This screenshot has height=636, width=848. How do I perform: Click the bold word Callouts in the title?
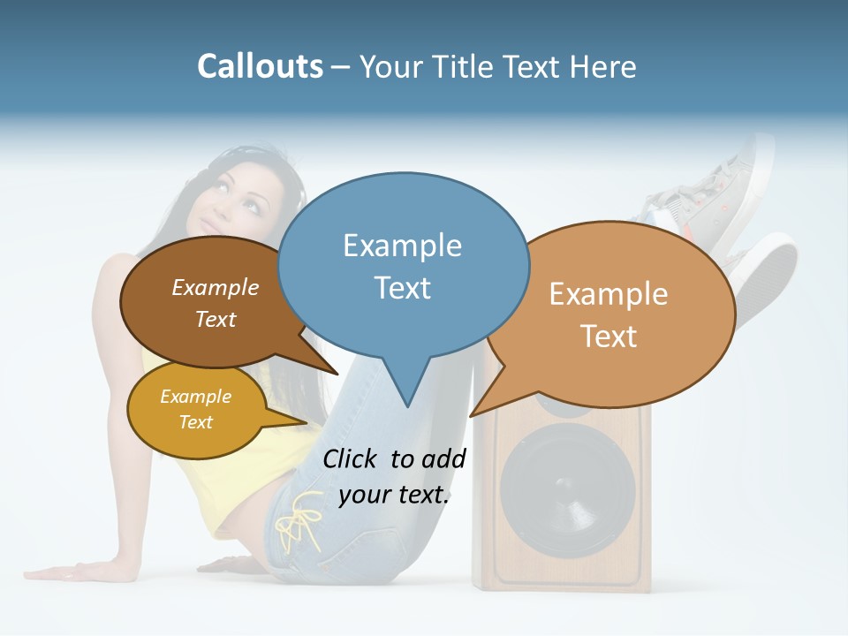[261, 66]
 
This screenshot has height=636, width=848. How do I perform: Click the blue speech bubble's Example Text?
[403, 266]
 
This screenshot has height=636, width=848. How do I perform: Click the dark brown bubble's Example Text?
[216, 303]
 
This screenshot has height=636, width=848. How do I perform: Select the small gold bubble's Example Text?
[195, 409]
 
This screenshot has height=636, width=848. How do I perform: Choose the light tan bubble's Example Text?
[609, 314]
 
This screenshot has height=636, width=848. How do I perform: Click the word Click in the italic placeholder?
[349, 458]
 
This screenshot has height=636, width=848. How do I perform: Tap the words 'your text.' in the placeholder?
[394, 495]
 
